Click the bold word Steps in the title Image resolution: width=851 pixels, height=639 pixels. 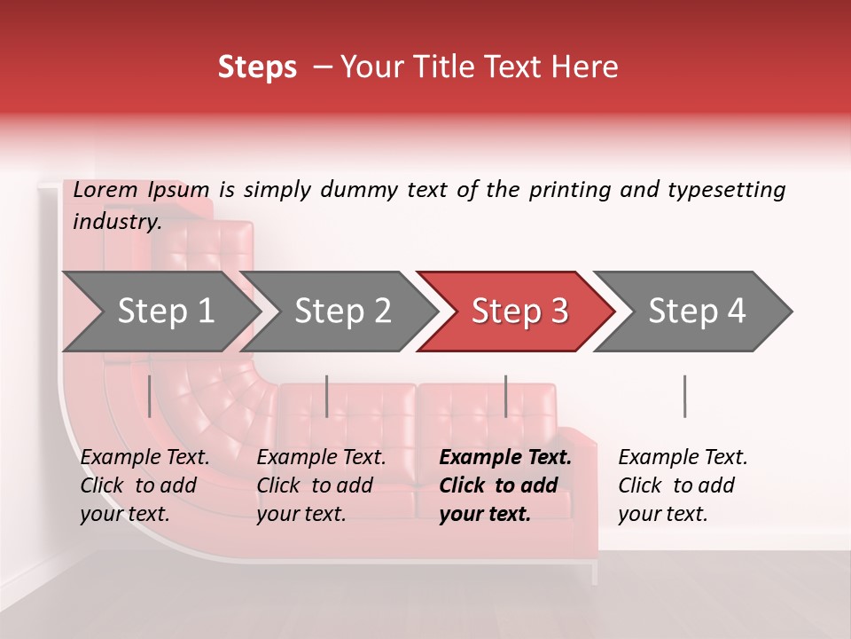click(x=257, y=67)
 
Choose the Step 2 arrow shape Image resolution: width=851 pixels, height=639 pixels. click(x=341, y=312)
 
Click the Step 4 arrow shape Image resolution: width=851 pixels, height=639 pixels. click(x=696, y=312)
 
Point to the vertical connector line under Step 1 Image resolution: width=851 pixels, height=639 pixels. click(x=150, y=396)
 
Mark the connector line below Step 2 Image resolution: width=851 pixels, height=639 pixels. click(x=327, y=396)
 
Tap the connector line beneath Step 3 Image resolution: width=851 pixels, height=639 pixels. click(x=506, y=396)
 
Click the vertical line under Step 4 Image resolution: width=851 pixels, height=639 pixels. click(x=684, y=396)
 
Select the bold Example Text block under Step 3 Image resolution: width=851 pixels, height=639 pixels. click(x=505, y=485)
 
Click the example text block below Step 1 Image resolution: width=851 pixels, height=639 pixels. click(x=144, y=485)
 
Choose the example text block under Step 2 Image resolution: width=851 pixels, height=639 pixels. click(x=321, y=485)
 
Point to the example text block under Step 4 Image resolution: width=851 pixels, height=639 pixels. click(x=683, y=485)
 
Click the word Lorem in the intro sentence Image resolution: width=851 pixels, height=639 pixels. click(x=105, y=190)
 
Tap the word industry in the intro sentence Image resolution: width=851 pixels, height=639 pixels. click(x=116, y=222)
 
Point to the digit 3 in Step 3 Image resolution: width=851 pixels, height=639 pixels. click(x=558, y=312)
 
